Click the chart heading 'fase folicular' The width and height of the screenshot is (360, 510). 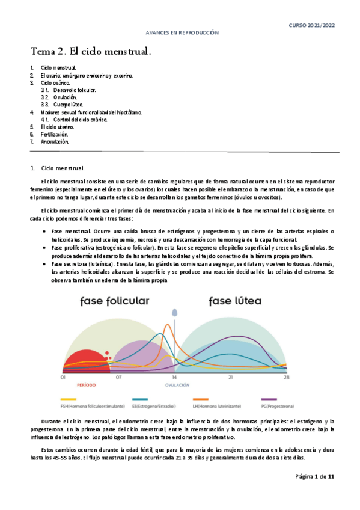pyautogui.click(x=116, y=301)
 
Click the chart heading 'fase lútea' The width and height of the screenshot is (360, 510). pyautogui.click(x=236, y=300)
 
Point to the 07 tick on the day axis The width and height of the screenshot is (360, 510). pyautogui.click(x=119, y=378)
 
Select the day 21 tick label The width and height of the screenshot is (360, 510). pyautogui.click(x=230, y=378)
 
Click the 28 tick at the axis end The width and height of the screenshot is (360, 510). pyautogui.click(x=287, y=378)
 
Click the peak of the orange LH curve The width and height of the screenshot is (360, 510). pyautogui.click(x=169, y=327)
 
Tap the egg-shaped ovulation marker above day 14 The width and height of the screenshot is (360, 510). pyautogui.click(x=175, y=313)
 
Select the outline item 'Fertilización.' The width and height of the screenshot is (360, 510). pyautogui.click(x=55, y=135)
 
